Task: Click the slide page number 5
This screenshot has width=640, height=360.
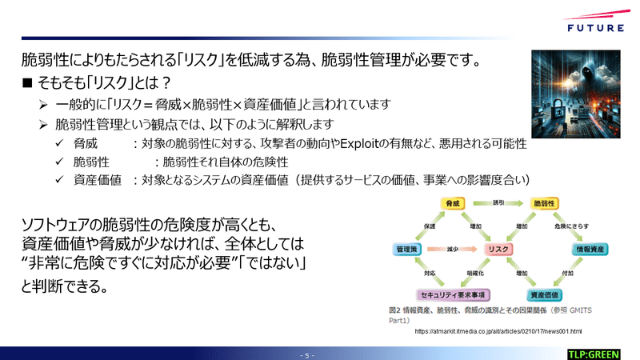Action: click(308, 354)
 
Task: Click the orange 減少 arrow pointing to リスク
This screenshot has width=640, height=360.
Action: click(453, 250)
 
